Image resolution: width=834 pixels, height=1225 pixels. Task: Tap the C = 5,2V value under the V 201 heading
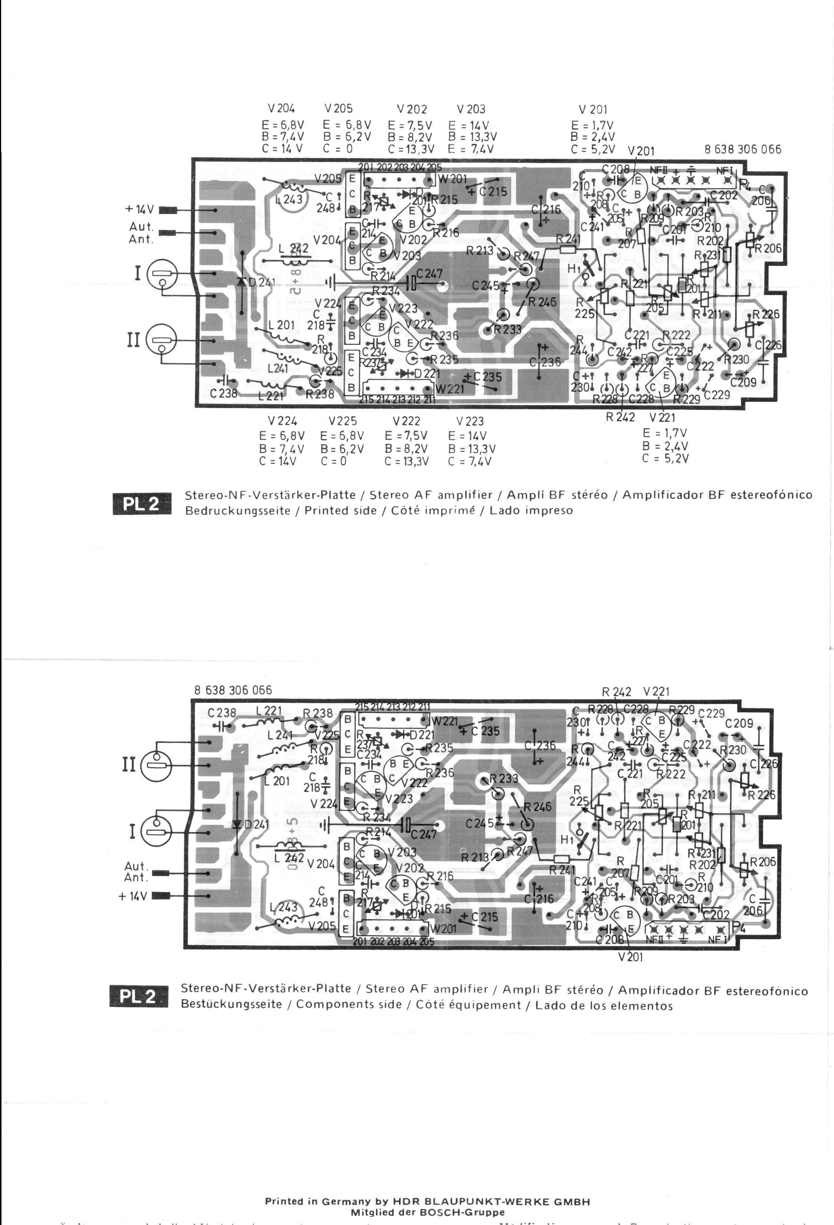(592, 149)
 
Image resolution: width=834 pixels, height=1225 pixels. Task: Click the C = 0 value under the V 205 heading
(338, 149)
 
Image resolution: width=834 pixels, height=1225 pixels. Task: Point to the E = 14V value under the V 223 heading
(467, 436)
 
